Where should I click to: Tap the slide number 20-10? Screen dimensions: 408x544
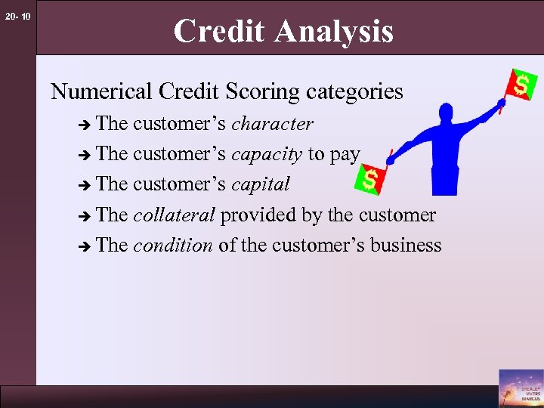(x=16, y=16)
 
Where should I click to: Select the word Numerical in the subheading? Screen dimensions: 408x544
(x=102, y=92)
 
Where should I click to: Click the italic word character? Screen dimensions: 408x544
(x=272, y=123)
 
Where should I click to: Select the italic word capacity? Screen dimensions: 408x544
(x=267, y=154)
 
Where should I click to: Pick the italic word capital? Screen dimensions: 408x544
(x=261, y=184)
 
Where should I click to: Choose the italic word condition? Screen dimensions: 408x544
(x=172, y=246)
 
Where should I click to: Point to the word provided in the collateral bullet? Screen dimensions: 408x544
(x=259, y=215)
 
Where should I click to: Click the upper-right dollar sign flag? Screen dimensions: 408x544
(x=521, y=83)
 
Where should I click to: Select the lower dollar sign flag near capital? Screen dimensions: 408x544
(x=370, y=180)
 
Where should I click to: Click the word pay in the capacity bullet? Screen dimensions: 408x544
(x=345, y=155)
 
